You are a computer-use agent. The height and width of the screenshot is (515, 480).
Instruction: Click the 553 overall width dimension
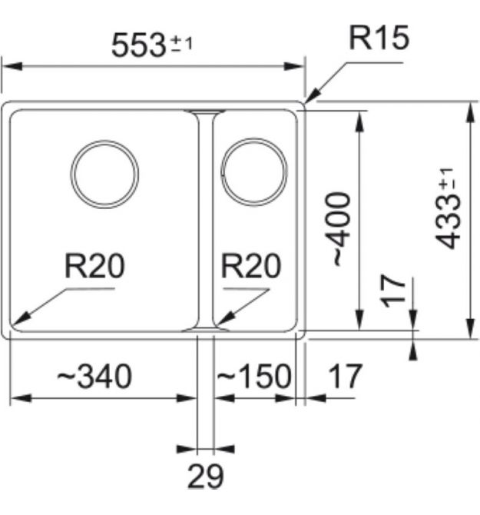(x=138, y=45)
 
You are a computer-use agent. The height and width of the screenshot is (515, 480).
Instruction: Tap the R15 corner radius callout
(x=379, y=38)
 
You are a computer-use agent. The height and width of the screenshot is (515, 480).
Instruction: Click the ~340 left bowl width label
(x=93, y=377)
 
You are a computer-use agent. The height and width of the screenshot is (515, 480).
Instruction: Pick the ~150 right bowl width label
(x=253, y=377)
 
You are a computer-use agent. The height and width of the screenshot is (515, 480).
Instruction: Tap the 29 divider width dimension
(x=205, y=477)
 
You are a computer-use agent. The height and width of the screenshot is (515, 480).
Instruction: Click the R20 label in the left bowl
(x=94, y=267)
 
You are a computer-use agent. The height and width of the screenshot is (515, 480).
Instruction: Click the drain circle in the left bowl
(x=104, y=172)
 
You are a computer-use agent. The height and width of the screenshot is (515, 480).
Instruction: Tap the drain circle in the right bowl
(x=253, y=172)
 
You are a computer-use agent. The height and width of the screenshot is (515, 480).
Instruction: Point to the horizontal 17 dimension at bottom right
(x=344, y=377)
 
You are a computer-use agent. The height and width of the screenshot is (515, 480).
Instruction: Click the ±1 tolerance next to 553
(x=181, y=44)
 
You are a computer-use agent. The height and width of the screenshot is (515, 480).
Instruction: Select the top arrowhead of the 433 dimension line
(x=469, y=108)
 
